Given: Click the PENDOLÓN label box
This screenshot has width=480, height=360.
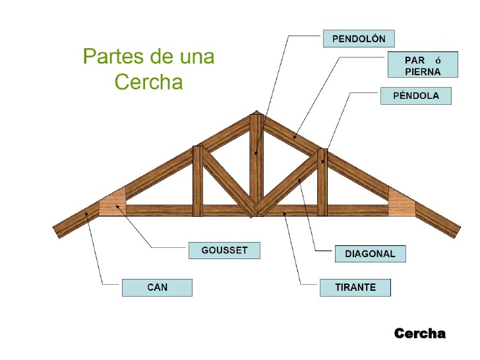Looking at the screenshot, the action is coord(359,38).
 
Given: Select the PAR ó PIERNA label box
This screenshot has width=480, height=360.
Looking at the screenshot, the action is coord(423,65).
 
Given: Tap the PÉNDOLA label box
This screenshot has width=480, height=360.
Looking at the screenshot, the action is coord(415,96).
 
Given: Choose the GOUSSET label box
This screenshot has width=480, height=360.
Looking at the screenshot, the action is coord(224,251).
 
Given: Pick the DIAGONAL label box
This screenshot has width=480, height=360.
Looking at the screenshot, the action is coord(371,254).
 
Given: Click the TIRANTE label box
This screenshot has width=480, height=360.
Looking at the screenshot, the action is coord(355,287).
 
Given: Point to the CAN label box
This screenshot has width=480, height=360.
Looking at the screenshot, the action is coord(157,287).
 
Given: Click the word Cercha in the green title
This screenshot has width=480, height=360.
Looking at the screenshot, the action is coord(148,82).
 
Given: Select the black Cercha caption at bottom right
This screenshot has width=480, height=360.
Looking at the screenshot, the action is coord(420,334).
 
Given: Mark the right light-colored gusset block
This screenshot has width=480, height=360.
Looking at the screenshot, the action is coord(400,202).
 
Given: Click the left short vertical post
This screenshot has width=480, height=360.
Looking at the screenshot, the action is coord(198,181).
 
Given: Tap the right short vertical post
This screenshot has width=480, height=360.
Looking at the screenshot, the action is coord(322,183).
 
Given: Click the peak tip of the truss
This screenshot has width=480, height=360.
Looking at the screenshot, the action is coord(256,111).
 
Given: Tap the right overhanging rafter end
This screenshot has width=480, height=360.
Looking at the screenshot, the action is coord(438,220).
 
